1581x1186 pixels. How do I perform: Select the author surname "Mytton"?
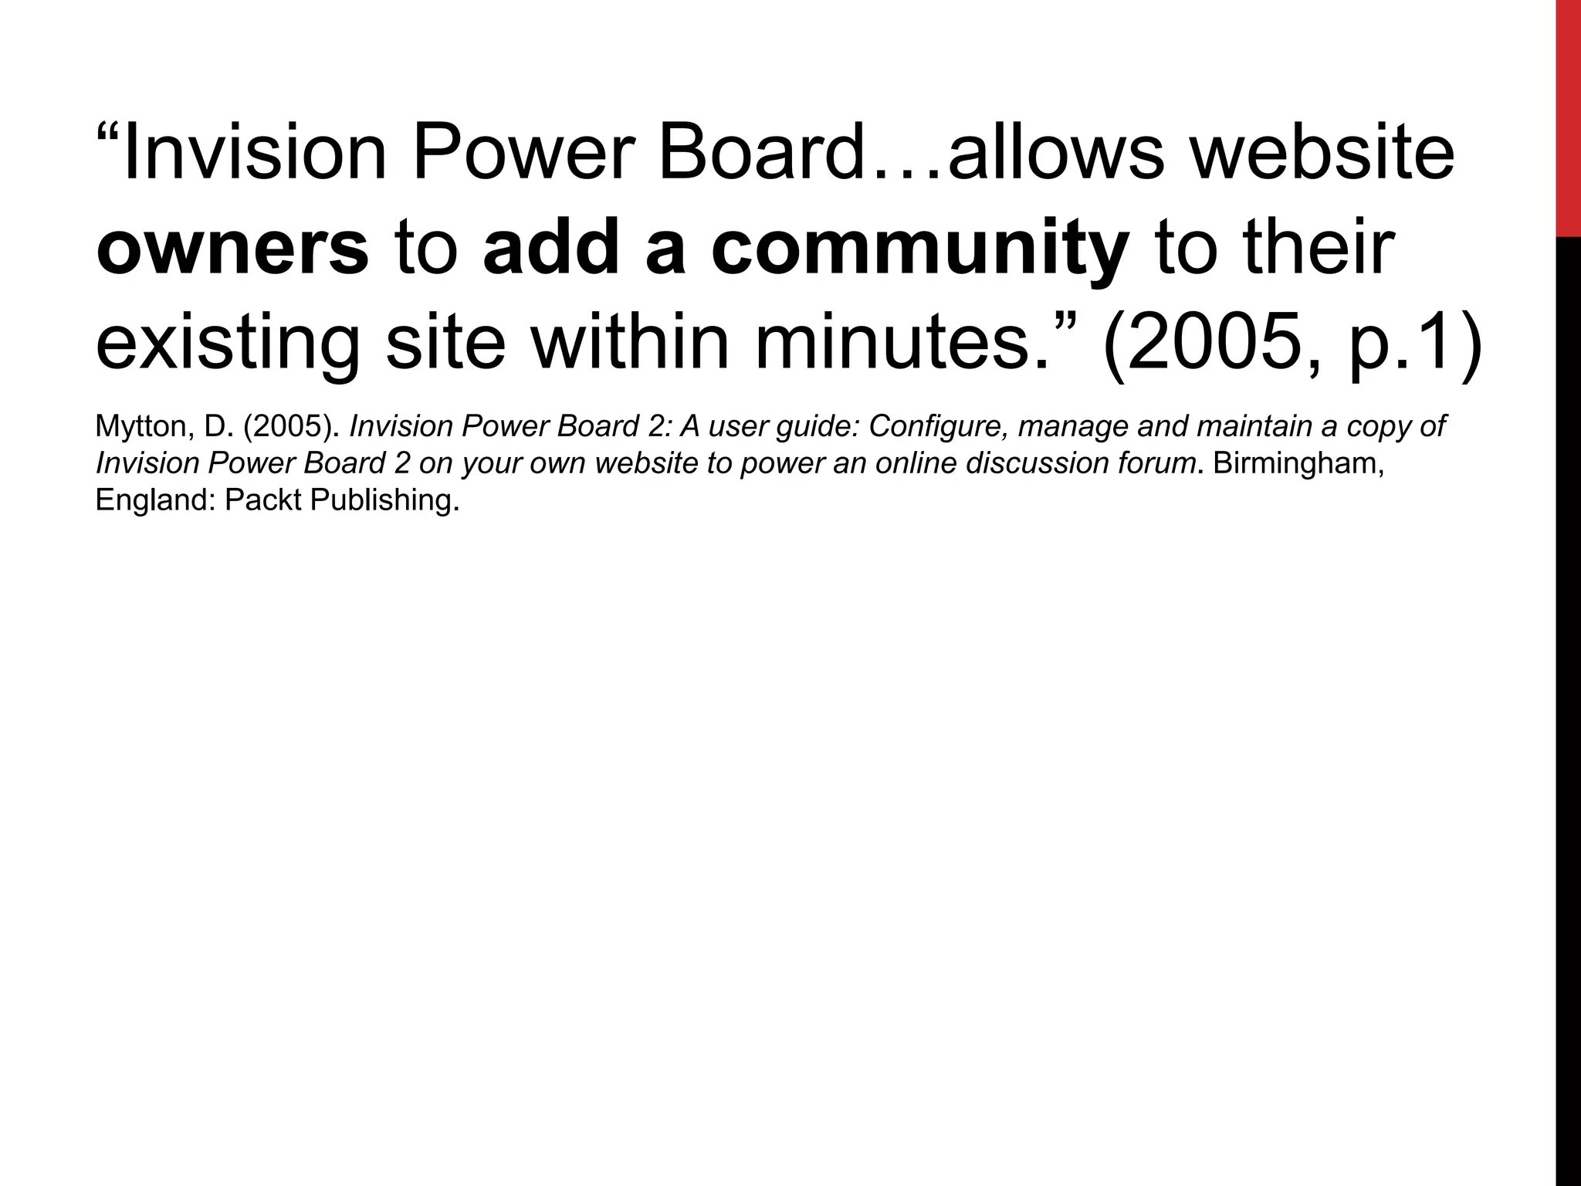[140, 427]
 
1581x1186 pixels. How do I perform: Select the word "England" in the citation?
[154, 500]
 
